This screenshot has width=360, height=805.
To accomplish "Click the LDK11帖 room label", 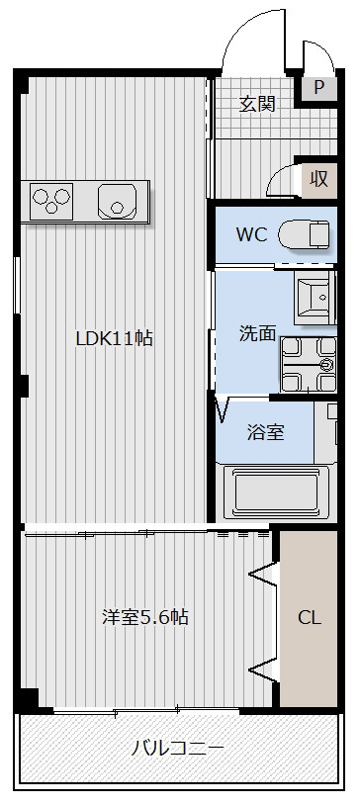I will (x=115, y=337).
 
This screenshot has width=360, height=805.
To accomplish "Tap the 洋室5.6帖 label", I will (x=145, y=617).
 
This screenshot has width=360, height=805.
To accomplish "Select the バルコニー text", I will (x=179, y=748).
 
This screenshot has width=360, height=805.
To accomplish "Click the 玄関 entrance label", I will (x=257, y=103).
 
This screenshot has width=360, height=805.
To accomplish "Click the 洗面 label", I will (x=257, y=333).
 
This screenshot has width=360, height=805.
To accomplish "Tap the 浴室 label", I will (x=265, y=432).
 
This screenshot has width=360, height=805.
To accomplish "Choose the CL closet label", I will (x=310, y=618).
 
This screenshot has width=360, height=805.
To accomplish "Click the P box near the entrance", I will (x=318, y=87).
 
